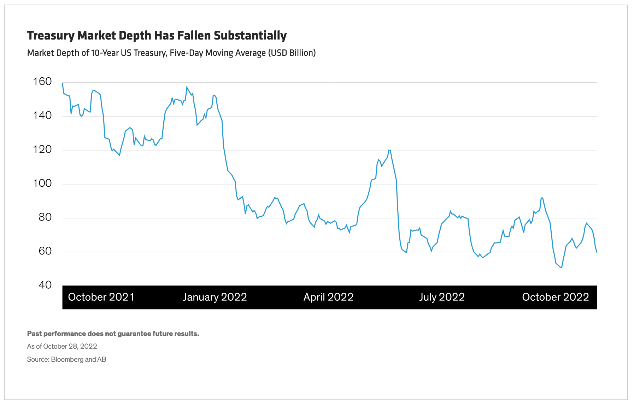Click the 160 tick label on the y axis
click(x=42, y=82)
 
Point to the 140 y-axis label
click(x=42, y=115)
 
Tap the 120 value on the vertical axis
click(x=42, y=149)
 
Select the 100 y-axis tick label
click(x=42, y=183)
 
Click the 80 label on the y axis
click(x=45, y=217)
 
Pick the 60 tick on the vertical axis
click(x=45, y=251)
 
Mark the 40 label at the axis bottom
click(x=45, y=285)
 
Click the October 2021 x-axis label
click(x=101, y=297)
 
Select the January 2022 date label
click(x=215, y=297)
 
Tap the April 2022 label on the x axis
click(x=328, y=297)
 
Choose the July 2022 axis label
click(x=442, y=297)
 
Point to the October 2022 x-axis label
click(x=555, y=297)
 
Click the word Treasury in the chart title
click(x=51, y=36)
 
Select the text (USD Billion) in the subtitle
click(x=292, y=53)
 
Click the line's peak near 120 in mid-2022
click(x=389, y=150)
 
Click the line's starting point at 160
click(x=63, y=83)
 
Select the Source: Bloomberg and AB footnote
click(x=66, y=359)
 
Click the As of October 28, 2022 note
click(x=62, y=346)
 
